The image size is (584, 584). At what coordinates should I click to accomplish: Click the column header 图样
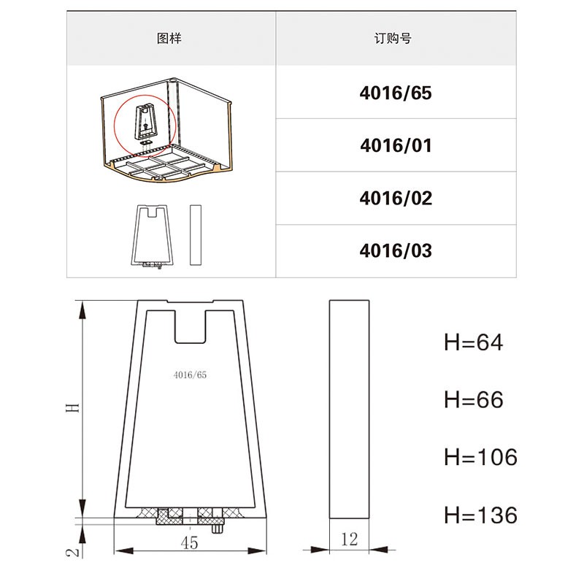[169, 39]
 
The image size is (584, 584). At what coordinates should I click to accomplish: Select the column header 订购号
[393, 39]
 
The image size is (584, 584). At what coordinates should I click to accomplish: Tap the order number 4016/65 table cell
[396, 93]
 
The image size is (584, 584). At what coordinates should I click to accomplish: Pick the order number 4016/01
[396, 145]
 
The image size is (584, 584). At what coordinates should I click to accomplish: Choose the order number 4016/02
[396, 198]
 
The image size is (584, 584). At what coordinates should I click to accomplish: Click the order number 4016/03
[396, 250]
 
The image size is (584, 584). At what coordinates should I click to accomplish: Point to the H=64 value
[473, 342]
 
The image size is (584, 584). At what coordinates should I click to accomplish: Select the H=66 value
[473, 399]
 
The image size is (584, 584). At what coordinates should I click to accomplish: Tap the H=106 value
[480, 457]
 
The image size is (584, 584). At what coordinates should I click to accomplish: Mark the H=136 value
[480, 515]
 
